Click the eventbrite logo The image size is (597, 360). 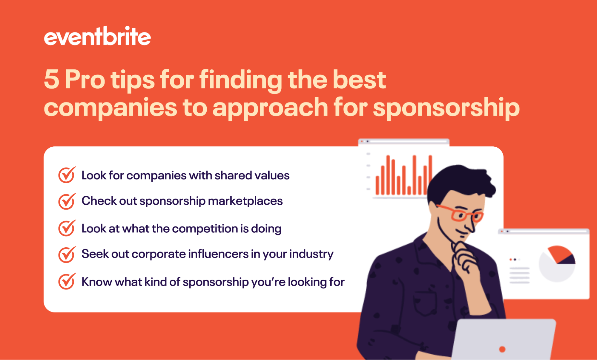(x=97, y=36)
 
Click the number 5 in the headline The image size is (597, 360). (x=51, y=79)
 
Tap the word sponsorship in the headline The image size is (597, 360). (x=446, y=108)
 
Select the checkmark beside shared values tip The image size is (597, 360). (x=67, y=175)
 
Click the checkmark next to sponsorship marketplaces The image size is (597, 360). (x=67, y=201)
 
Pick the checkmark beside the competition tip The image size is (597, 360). (x=67, y=228)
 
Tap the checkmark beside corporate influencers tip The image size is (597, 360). (x=67, y=254)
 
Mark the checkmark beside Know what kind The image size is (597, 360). (x=67, y=281)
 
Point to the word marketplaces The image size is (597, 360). (x=245, y=201)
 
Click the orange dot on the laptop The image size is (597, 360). (x=502, y=349)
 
